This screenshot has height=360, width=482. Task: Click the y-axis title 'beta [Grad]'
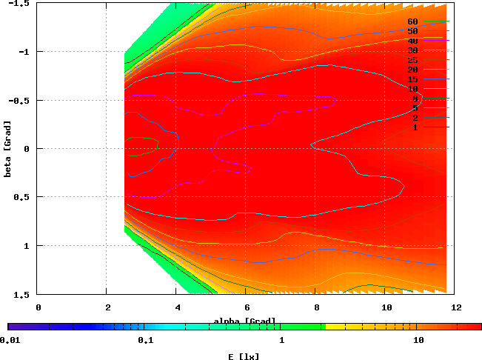point(7,149)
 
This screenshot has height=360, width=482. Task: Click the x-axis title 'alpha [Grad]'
point(244,321)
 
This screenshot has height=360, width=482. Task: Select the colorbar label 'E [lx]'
point(244,356)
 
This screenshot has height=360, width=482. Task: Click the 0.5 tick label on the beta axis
point(22,197)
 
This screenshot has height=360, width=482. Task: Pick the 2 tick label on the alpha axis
point(107,306)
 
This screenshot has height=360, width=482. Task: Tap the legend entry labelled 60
point(413,21)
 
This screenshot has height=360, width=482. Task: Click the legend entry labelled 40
point(413,41)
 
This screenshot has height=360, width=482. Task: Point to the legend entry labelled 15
point(413,79)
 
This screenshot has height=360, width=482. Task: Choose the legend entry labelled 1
point(415,127)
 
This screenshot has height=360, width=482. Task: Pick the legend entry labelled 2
point(415,118)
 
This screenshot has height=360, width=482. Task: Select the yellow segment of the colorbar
point(335,327)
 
